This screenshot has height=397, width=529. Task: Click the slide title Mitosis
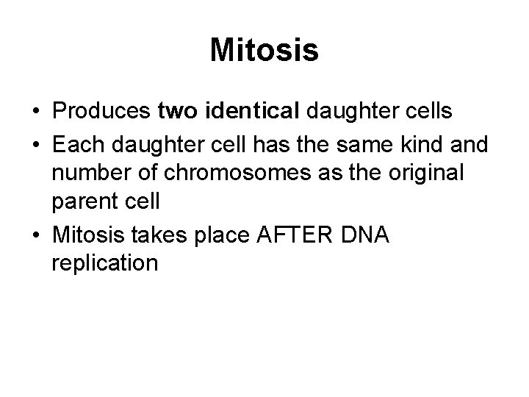(x=264, y=51)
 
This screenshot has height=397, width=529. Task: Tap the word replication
(x=105, y=262)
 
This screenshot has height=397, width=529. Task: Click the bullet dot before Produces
(x=36, y=112)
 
